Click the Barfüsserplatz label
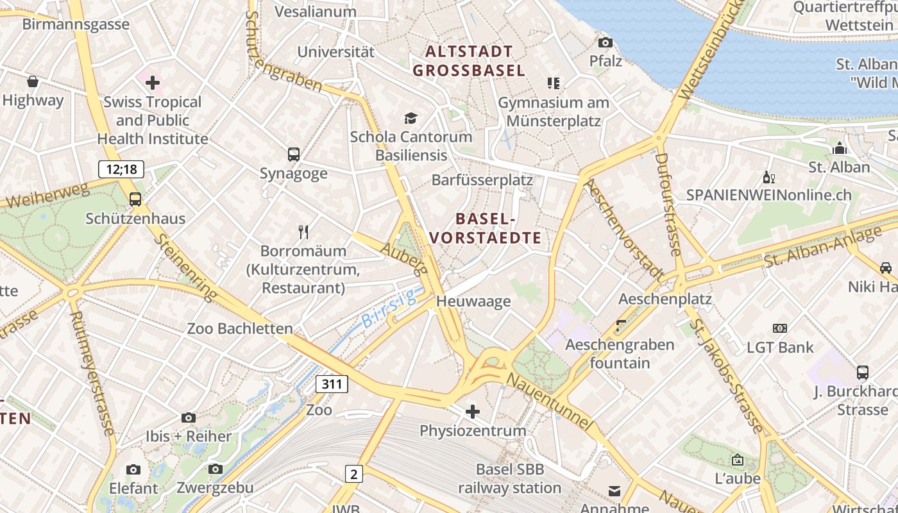[482, 180]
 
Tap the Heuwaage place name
[473, 301]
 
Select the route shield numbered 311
[332, 384]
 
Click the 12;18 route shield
[121, 169]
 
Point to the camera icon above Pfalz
[605, 42]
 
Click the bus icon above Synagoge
[293, 154]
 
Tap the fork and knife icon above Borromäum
[303, 231]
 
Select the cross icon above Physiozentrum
[473, 411]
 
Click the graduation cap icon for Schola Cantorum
[411, 118]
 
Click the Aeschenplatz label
[665, 299]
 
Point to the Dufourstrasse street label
[667, 204]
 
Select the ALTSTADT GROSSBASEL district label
[469, 61]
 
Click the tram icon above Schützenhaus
[135, 199]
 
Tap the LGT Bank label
[780, 348]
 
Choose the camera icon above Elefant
[133, 470]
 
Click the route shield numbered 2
[353, 474]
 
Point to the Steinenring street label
[186, 267]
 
